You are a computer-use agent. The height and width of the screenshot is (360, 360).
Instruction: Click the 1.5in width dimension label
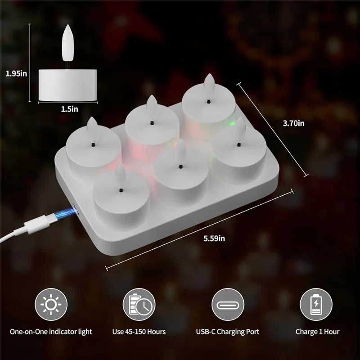[x=69, y=108]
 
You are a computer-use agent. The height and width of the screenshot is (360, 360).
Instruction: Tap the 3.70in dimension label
[x=294, y=123]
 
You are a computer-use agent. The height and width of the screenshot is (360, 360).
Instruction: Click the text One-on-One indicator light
[x=51, y=332]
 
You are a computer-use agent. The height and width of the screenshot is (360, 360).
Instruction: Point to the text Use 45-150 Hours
[x=139, y=332]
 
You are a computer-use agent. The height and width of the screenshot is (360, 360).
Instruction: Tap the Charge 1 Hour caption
[x=317, y=332]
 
